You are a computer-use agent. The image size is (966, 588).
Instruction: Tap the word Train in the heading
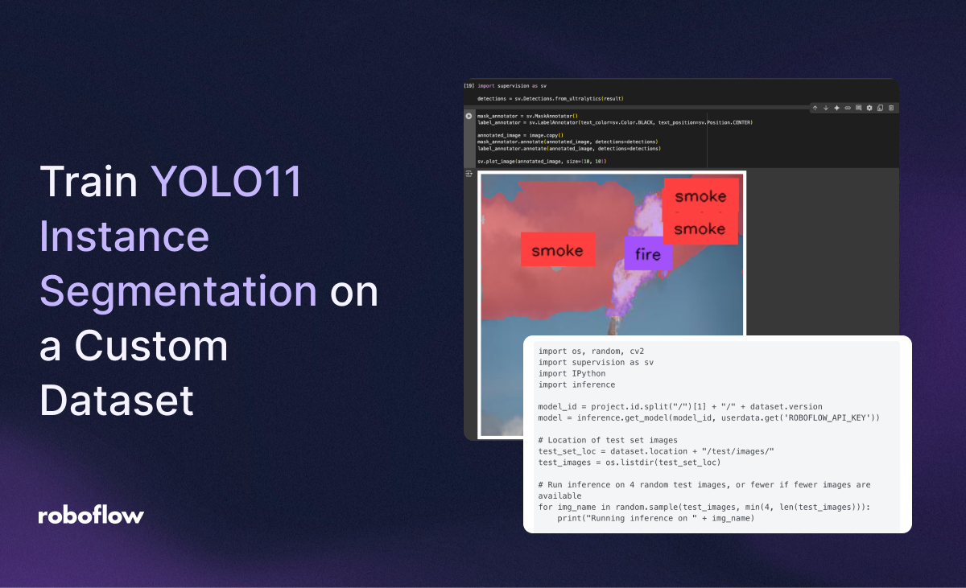click(89, 182)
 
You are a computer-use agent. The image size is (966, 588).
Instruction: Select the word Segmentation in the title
click(178, 291)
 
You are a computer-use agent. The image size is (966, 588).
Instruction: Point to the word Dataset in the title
click(117, 399)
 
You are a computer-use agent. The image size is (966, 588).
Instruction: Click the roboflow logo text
click(91, 516)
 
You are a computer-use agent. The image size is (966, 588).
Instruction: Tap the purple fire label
click(648, 254)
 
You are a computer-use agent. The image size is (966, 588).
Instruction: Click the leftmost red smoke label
click(557, 250)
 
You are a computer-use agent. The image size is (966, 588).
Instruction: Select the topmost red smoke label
click(700, 195)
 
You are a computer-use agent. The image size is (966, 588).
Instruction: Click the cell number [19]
click(469, 85)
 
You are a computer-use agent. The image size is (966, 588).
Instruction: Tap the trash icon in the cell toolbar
click(891, 108)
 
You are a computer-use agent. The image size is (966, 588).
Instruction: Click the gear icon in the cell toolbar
click(869, 108)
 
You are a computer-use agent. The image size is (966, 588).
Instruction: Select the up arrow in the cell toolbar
click(815, 108)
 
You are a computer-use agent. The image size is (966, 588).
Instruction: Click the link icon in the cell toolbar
click(848, 108)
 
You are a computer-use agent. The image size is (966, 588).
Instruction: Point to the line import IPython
click(572, 373)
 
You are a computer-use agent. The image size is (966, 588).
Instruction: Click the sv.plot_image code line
click(542, 162)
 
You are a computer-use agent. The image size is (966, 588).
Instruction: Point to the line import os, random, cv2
click(591, 352)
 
